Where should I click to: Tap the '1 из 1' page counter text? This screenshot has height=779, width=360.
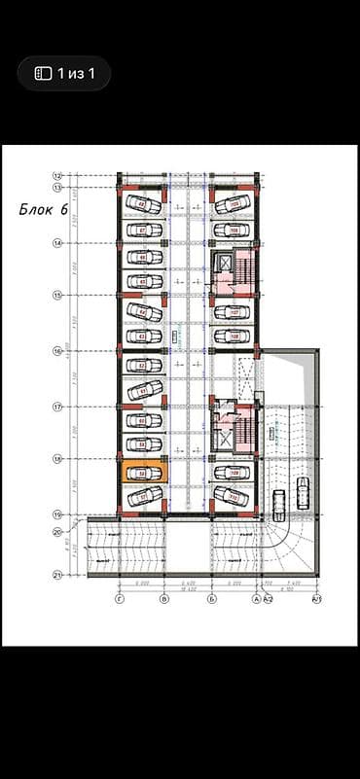[75, 73]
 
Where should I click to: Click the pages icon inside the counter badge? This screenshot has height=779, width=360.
[42, 73]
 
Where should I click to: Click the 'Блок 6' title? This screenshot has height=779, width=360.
[43, 209]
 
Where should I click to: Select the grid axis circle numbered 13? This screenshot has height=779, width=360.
[57, 187]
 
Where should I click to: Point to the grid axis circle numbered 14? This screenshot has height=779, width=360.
[57, 242]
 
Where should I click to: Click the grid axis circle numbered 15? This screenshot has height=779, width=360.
[57, 296]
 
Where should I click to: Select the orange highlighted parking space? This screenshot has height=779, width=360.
[143, 474]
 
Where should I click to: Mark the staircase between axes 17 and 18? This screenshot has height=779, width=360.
[245, 428]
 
